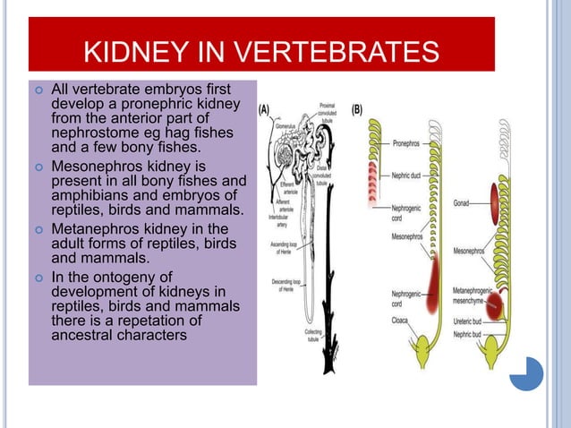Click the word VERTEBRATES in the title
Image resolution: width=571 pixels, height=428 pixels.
337,51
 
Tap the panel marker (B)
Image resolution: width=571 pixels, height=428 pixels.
357,111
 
